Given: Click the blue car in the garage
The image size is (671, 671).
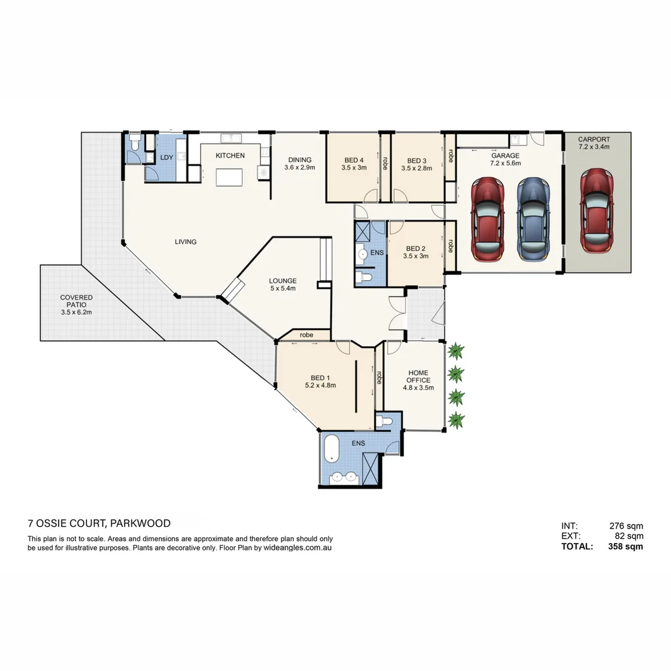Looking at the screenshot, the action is point(533,219).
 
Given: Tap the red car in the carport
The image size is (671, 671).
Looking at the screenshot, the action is point(596,211).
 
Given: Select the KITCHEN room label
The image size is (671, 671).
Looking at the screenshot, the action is point(231,155).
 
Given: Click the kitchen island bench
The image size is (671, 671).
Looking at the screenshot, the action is point(229,177).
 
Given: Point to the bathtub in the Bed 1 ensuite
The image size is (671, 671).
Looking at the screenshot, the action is point(332,448).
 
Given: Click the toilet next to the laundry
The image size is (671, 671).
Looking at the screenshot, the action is point(135,142).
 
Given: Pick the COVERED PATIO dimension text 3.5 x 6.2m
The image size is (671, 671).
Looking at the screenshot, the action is point(76,313).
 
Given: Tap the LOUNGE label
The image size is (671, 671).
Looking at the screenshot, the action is point(283,281).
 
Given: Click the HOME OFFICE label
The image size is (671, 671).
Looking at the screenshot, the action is point(419,376).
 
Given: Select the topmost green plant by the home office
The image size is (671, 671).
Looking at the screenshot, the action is point(456,351).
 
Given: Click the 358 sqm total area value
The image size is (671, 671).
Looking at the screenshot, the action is point(625,547).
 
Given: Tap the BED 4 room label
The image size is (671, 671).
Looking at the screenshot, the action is point(354,160).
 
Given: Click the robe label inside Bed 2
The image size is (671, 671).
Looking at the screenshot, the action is point(450,245).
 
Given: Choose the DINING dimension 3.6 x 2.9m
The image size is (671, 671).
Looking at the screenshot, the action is point(299,168).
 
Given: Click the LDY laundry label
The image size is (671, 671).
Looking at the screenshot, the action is point(167,157).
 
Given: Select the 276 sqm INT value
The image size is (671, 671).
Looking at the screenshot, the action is point(626,526).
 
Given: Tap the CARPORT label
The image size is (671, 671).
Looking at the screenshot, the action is point(594,139).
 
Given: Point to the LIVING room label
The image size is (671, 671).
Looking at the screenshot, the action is point(186,242).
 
